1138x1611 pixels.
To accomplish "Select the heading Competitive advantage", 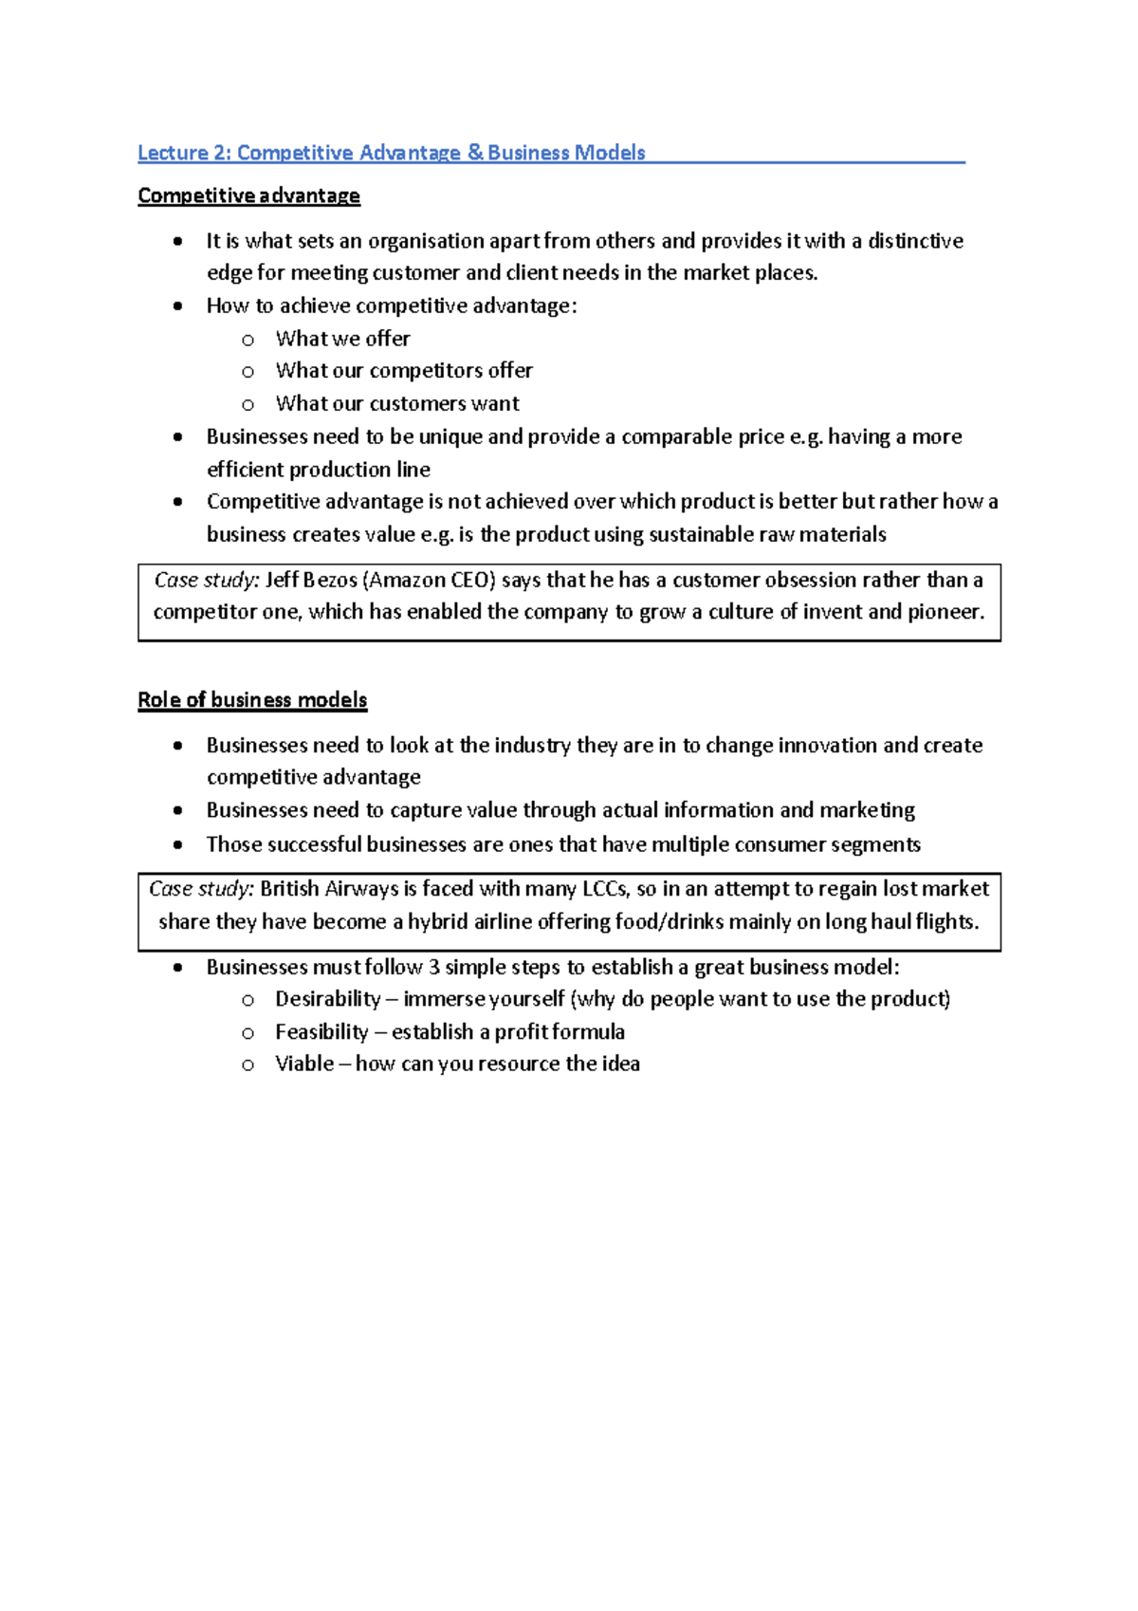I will tap(248, 195).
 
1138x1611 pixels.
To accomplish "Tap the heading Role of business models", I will tap(252, 700).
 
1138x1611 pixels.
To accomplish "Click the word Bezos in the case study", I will tap(329, 580).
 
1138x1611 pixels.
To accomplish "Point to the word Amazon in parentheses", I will tap(406, 580).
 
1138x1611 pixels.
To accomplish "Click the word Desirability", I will tap(327, 999).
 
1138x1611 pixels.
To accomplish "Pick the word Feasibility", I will tap(321, 1032).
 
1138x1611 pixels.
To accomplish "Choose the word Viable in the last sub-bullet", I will tap(304, 1065).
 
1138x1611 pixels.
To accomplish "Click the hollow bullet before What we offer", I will tap(248, 340).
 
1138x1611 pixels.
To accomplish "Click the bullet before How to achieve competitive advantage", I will tap(178, 306).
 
